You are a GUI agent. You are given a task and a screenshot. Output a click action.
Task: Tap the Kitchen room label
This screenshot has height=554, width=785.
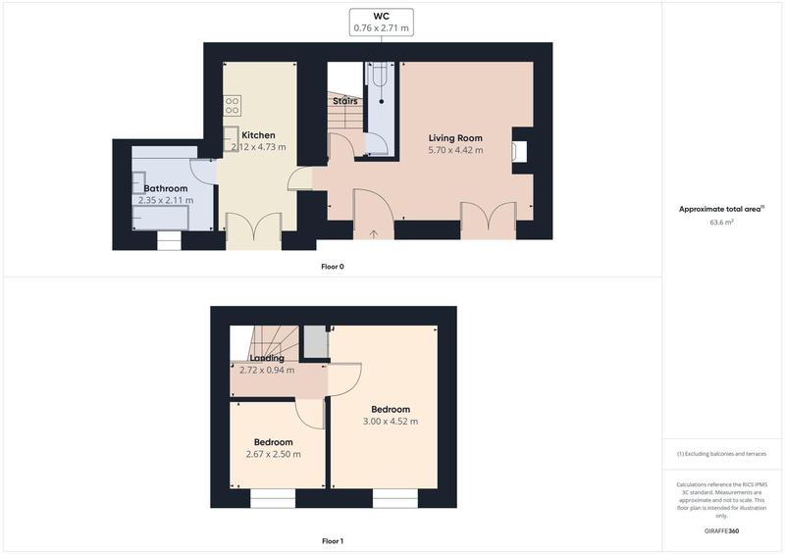click(258, 135)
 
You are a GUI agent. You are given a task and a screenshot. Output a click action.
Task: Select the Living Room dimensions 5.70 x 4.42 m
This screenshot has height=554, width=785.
click(455, 150)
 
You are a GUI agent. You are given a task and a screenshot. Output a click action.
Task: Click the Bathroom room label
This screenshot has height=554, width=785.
click(166, 188)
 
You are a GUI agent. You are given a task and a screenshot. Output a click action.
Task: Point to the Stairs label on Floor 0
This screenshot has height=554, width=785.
click(344, 101)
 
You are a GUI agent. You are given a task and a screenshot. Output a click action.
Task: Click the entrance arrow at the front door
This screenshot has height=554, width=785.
click(374, 233)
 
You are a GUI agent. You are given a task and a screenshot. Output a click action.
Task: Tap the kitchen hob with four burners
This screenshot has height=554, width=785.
click(233, 104)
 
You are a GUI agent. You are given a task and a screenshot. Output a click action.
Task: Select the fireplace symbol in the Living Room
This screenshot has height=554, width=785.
click(519, 151)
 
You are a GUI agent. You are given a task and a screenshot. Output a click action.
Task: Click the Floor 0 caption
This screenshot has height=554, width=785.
click(333, 267)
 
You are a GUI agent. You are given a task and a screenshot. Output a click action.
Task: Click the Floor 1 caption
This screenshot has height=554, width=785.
click(333, 541)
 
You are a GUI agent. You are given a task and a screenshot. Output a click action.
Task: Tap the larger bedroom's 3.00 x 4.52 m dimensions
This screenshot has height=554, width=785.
click(390, 422)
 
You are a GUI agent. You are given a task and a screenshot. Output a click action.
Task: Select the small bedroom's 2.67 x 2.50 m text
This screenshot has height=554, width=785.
click(273, 454)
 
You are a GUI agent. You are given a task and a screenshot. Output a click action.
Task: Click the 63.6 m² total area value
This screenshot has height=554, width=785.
click(722, 223)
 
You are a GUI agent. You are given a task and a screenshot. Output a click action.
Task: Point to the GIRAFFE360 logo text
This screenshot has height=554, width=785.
click(721, 530)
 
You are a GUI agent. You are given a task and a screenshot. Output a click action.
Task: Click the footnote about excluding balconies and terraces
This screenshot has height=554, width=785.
click(722, 454)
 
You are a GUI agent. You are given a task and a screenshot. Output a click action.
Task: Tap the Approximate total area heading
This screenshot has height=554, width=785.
click(721, 209)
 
